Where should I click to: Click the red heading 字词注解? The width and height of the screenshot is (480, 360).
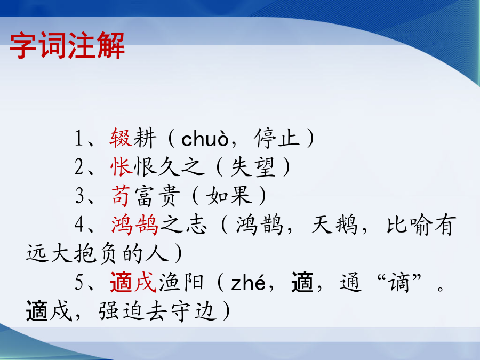[67, 45]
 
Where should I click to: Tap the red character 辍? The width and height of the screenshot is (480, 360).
[121, 138]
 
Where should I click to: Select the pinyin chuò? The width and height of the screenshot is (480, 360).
[205, 139]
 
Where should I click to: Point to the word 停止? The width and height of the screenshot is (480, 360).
[276, 138]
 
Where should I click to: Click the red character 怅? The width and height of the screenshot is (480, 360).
[122, 167]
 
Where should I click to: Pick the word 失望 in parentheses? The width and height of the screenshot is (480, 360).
[253, 167]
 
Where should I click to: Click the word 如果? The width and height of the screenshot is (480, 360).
[229, 196]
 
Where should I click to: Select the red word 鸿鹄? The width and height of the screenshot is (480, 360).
[135, 225]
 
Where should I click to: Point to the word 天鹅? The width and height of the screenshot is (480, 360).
[334, 225]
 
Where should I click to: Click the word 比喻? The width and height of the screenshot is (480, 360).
[410, 225]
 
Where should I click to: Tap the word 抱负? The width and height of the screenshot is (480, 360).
[95, 254]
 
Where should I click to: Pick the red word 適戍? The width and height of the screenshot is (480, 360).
[133, 282]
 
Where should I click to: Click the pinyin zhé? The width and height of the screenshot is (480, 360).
[248, 283]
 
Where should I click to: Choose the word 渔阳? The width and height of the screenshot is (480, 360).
[181, 282]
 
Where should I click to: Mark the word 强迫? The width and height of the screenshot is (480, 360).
[121, 311]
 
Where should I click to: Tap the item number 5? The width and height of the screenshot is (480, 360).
[79, 282]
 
